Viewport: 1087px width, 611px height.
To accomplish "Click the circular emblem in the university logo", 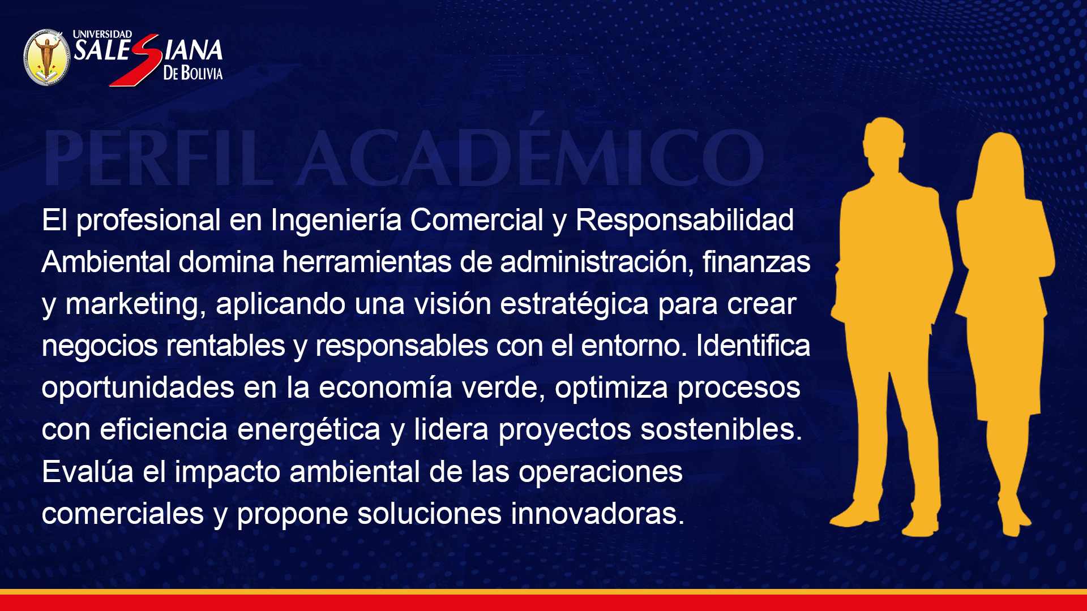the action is pos(47,58).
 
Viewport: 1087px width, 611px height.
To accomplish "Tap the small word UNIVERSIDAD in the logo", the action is pos(102,35).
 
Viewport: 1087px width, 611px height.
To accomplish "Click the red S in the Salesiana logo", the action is pos(136,60).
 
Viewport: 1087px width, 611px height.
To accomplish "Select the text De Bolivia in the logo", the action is pos(192,73).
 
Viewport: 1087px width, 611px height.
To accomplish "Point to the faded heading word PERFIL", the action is pos(159,158).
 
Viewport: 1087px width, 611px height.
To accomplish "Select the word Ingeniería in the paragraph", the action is pos(336,221).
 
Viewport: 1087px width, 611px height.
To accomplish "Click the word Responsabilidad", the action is pos(684,220).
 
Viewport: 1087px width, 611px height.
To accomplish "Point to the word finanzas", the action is pos(756,262).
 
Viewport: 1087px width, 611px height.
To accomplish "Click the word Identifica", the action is pos(753,345).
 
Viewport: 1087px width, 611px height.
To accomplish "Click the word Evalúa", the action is pos(87,471).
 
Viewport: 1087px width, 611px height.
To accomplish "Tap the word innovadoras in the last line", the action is pos(598,513).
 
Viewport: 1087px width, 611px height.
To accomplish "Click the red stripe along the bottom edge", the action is pos(543,603).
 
